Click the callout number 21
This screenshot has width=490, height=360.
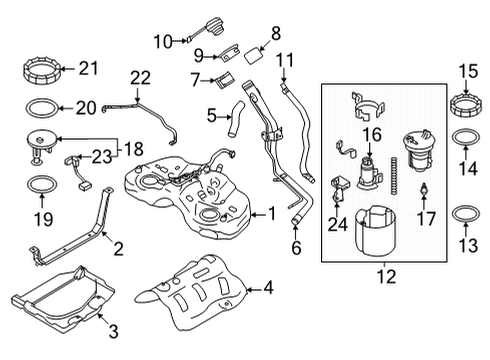[90, 68]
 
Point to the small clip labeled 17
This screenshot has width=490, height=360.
[424, 190]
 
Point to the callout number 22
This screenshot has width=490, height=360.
[140, 76]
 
